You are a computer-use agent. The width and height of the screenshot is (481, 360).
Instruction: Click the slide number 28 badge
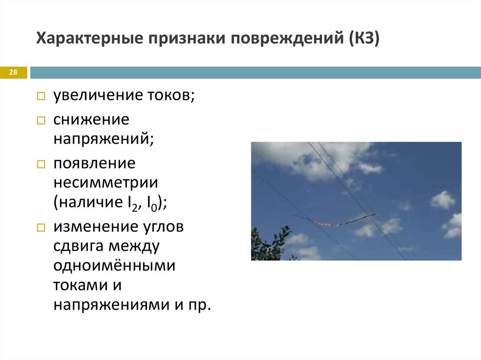[x=13, y=72]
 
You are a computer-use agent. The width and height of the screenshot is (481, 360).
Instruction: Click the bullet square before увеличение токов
[x=41, y=97]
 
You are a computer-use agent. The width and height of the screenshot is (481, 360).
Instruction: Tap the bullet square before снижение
[x=41, y=121]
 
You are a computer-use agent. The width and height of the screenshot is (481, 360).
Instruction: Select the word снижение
[x=91, y=120]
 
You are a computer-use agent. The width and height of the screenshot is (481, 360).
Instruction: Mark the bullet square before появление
[x=41, y=164]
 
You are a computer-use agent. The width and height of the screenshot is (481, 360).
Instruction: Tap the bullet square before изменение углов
[x=41, y=228]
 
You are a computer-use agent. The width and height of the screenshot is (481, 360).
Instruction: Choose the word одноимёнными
[x=114, y=266]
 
